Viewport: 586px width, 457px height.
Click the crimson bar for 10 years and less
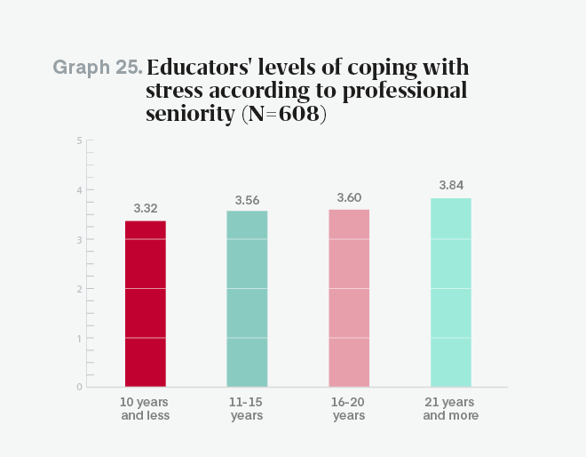pos(145,303)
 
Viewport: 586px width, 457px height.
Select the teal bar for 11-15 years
pos(247,298)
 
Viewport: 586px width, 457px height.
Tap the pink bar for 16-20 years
pos(349,297)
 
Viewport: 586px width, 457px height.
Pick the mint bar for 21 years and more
pos(451,292)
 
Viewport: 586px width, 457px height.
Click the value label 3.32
pos(146,208)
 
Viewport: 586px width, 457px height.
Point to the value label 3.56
pos(247,199)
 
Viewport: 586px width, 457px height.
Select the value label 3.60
pos(349,197)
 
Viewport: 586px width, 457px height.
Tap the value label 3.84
pos(451,185)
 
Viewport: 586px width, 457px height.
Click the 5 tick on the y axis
pos(79,140)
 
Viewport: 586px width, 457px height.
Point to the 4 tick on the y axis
pos(79,190)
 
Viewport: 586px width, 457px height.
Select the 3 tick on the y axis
pos(79,239)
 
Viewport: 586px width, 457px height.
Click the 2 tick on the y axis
pos(79,289)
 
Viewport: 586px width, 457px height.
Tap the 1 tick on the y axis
pos(79,338)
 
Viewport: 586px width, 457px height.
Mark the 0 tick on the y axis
pos(79,387)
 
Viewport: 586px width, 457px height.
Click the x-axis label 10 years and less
pos(145,409)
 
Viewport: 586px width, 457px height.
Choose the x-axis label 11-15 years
pos(247,409)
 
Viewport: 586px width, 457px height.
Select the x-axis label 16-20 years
pos(349,409)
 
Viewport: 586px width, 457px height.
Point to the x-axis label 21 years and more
pos(451,409)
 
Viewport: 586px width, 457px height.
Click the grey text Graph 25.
pos(97,68)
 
